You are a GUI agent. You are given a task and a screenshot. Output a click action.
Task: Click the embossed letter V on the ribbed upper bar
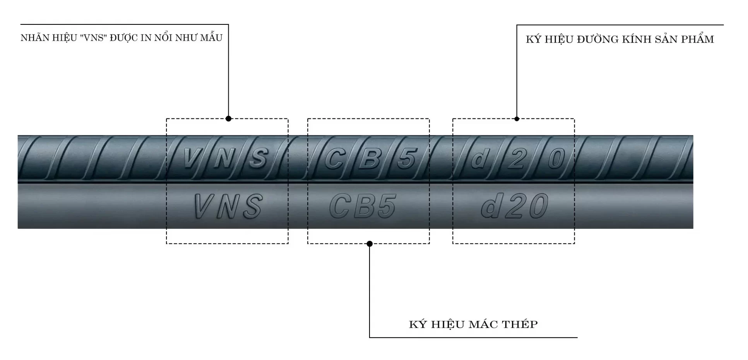[190, 158]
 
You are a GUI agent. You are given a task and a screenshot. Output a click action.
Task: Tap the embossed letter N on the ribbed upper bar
[224, 158]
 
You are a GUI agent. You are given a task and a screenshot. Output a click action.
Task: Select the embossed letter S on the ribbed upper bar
[258, 158]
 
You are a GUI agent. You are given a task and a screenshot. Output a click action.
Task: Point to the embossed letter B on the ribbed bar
[369, 159]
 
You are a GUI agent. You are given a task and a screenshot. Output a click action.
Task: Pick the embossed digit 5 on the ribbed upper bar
[406, 159]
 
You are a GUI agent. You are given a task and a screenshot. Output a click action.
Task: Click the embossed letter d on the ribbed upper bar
[478, 159]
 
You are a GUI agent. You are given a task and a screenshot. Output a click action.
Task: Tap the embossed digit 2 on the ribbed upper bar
[516, 159]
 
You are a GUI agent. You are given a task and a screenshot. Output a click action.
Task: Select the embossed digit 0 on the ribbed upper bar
[556, 159]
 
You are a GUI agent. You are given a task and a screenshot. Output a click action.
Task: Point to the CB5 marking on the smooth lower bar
[363, 206]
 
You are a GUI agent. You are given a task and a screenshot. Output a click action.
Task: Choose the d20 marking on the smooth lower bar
[515, 206]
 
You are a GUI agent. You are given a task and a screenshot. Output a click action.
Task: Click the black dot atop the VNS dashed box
[228, 118]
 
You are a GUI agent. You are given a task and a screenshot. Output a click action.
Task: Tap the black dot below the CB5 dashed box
[370, 243]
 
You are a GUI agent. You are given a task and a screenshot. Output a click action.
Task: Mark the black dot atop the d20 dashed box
[517, 118]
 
